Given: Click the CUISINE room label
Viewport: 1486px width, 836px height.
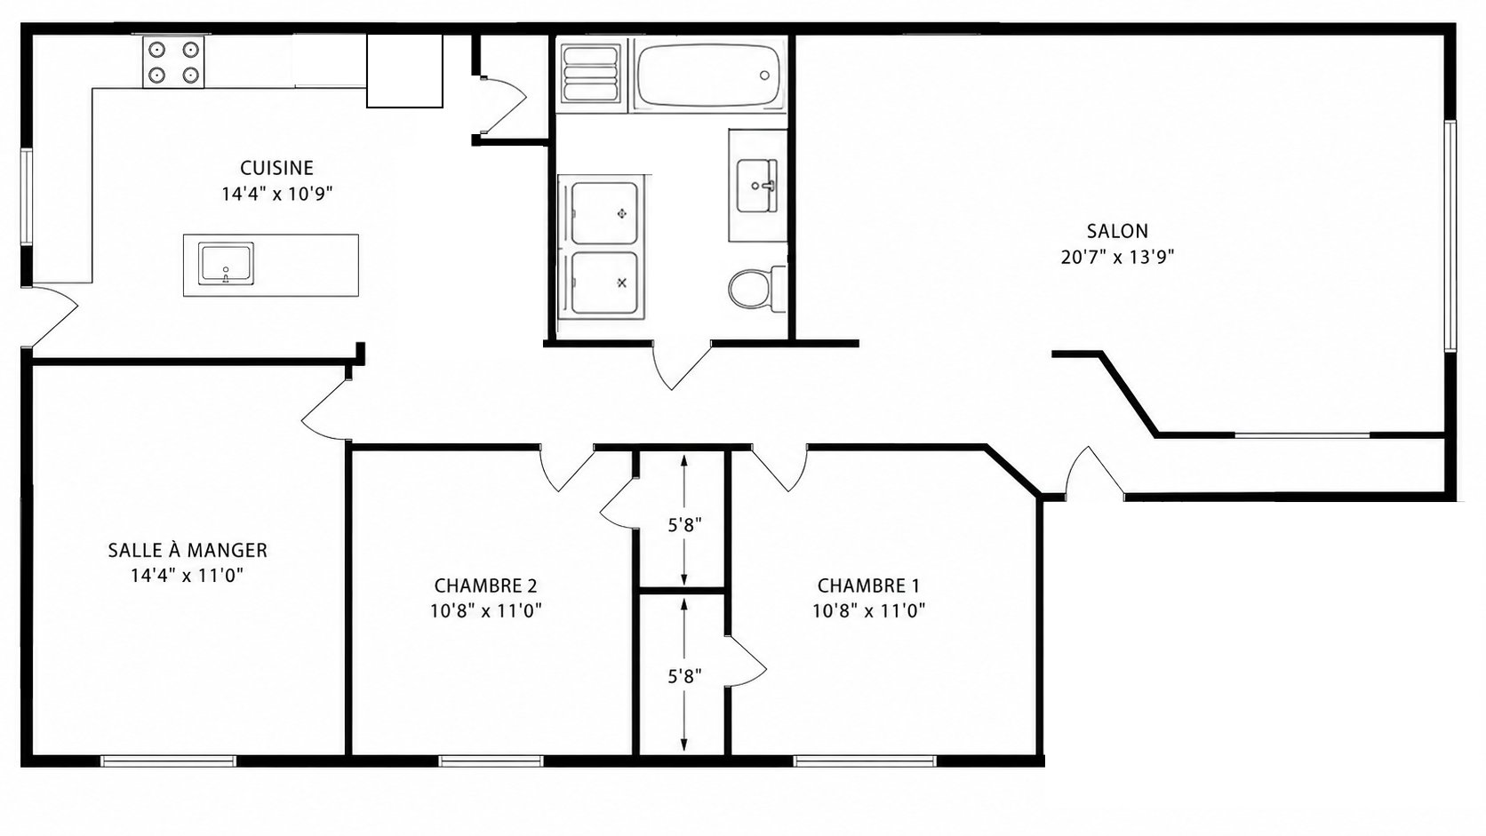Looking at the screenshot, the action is tap(276, 168).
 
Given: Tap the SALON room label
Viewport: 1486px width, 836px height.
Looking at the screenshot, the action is tap(1117, 231).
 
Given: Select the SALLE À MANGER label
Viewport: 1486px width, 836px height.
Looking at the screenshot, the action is tap(188, 550).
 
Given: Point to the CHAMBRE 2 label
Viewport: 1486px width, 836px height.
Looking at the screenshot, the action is tap(485, 586).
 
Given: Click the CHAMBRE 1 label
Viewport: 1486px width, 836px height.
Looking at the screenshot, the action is tap(868, 586).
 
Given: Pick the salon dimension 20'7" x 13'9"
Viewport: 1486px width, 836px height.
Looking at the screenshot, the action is tap(1117, 258).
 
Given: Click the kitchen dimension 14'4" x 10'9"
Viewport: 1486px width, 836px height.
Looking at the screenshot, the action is tap(276, 195).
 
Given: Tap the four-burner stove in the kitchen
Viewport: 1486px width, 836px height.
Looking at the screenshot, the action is tap(173, 61).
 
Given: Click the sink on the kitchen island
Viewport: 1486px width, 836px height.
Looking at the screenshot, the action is tap(227, 264).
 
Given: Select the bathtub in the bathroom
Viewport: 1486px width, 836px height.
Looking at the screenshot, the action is tap(707, 75).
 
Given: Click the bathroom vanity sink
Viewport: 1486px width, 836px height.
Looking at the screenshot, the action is tap(757, 186).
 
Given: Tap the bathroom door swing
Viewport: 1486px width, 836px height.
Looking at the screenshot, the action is tap(681, 364).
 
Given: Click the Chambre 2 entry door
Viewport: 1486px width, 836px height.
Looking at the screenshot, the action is tap(566, 468).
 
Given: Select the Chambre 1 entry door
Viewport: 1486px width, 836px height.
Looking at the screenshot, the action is tap(780, 468).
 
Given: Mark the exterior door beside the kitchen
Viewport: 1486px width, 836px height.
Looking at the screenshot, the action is tap(51, 317).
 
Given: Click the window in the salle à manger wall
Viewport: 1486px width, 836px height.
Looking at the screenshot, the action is tap(169, 761).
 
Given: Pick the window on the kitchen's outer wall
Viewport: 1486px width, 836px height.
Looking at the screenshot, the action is tap(27, 197).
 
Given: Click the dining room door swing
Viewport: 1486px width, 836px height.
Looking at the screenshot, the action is tap(326, 410).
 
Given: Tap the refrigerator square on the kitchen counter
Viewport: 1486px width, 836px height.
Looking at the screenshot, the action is tap(404, 71).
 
